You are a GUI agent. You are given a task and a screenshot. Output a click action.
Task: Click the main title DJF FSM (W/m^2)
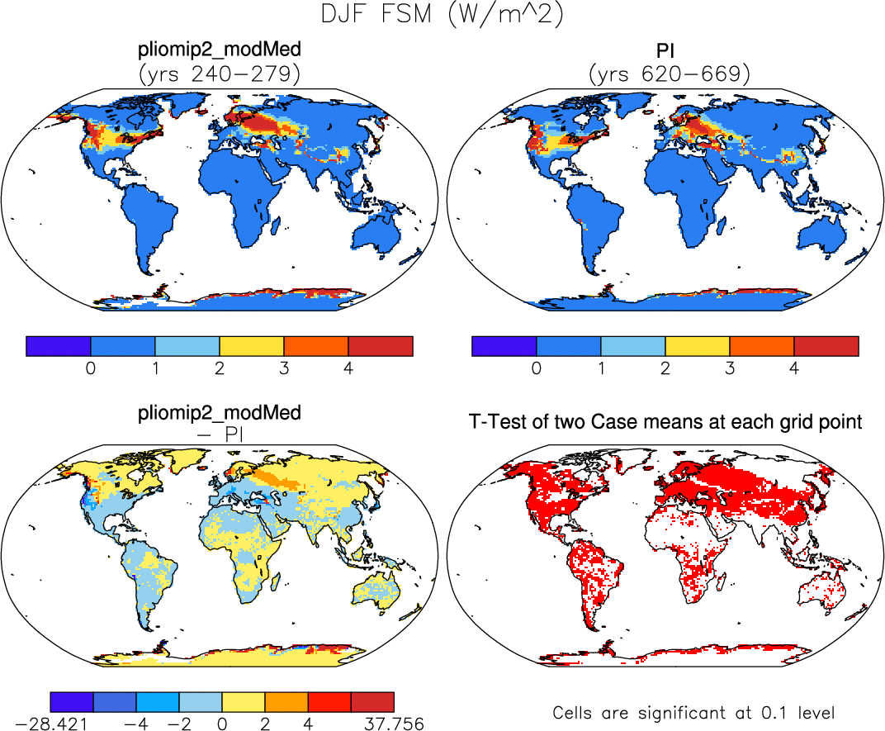point(442,17)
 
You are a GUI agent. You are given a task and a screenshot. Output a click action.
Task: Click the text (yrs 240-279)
point(220,74)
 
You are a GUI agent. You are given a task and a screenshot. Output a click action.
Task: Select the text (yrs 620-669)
point(670,74)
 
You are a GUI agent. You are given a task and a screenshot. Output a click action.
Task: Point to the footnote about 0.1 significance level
point(694,712)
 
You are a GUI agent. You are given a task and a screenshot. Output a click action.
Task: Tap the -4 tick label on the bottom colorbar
point(136,724)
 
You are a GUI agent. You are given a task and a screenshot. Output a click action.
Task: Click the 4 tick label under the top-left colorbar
point(348,368)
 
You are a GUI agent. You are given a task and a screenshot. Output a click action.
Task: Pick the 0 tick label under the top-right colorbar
point(537,368)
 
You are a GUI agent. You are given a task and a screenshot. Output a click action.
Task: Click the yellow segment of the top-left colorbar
point(252,346)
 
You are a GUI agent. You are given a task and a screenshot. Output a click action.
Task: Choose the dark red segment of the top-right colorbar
point(826,346)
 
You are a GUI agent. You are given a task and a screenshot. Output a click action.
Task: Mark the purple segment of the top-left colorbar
point(58,346)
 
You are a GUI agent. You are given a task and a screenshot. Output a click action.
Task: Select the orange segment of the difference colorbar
point(286,701)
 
